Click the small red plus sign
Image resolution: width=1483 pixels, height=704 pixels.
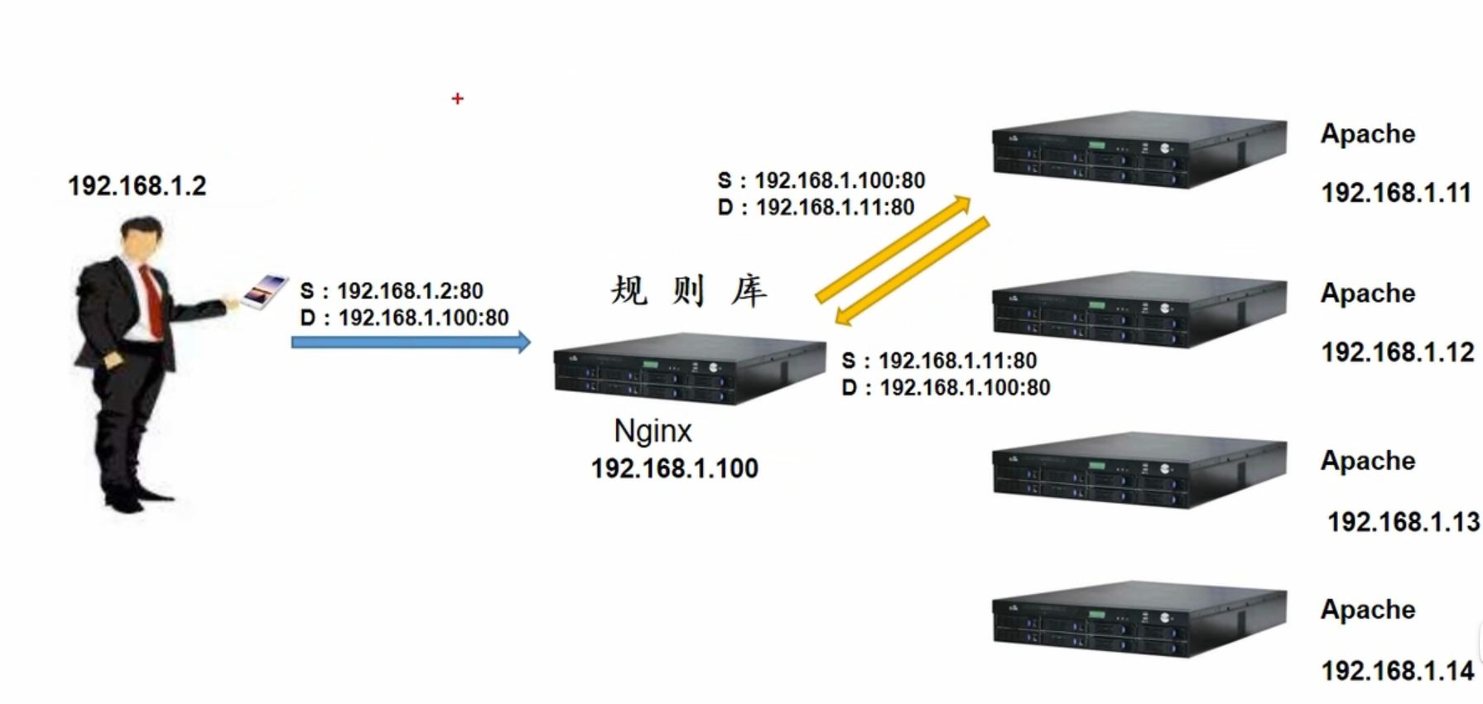pyautogui.click(x=457, y=98)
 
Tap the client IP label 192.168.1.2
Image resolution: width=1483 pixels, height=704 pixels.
pyautogui.click(x=137, y=186)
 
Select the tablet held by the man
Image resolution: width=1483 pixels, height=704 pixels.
pyautogui.click(x=265, y=291)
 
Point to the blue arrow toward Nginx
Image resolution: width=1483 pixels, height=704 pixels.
pyautogui.click(x=410, y=342)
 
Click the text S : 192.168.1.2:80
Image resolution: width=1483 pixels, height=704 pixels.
pyautogui.click(x=392, y=291)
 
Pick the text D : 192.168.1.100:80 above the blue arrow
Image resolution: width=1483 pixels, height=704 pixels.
pyautogui.click(x=404, y=318)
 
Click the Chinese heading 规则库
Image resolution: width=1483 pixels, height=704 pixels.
pyautogui.click(x=689, y=291)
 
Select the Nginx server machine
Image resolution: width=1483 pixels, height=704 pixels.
pyautogui.click(x=689, y=368)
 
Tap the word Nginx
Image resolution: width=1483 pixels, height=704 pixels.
pyautogui.click(x=652, y=431)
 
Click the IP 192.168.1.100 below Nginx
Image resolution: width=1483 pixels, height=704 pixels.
pyautogui.click(x=674, y=468)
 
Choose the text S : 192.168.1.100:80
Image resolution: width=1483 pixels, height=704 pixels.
pyautogui.click(x=821, y=180)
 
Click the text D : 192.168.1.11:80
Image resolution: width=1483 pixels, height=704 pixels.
pyautogui.click(x=816, y=207)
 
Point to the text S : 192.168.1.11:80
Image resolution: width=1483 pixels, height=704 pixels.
pyautogui.click(x=939, y=361)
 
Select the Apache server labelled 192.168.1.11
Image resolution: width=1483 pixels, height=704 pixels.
pyautogui.click(x=1139, y=149)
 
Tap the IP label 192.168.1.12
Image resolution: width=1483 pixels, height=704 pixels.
pyautogui.click(x=1397, y=352)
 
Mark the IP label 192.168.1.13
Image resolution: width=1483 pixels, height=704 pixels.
pyautogui.click(x=1403, y=522)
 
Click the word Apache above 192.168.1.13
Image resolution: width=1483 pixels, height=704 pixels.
pyautogui.click(x=1368, y=461)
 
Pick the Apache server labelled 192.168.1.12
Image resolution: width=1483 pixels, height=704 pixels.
pyautogui.click(x=1139, y=309)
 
